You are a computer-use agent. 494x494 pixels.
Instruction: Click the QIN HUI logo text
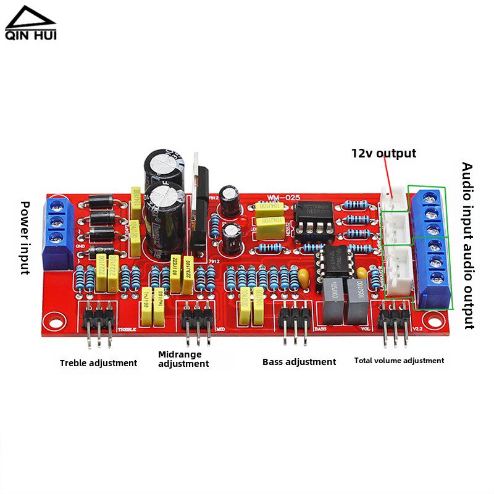30,36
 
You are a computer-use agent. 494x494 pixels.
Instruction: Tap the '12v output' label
383,153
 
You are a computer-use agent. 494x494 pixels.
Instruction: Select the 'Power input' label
25,237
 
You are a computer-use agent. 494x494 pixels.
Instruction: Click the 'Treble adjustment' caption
98,363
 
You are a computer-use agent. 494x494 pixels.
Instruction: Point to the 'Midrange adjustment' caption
183,359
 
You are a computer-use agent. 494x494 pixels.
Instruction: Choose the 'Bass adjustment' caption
299,362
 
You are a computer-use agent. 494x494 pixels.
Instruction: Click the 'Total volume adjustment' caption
399,361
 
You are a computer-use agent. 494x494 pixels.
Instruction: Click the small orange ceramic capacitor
303,274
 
